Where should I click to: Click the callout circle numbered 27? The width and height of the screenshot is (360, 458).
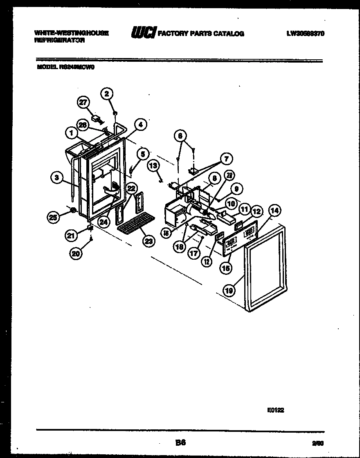point(83,103)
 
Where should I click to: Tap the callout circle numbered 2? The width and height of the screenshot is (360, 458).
point(107,94)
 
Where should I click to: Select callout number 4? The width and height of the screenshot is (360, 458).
point(140,125)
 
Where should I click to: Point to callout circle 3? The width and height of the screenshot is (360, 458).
point(57,177)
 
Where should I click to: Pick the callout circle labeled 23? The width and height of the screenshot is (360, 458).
point(148,241)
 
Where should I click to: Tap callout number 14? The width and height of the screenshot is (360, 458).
point(274,211)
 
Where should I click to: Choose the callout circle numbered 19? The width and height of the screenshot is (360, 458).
point(230,291)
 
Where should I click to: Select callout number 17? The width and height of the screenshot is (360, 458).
point(194,254)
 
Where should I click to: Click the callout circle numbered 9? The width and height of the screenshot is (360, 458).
point(236,189)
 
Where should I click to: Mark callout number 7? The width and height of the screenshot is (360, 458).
point(226,158)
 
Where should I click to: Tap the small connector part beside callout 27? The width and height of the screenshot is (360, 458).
point(97,119)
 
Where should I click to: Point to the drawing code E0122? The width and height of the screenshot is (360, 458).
point(275,411)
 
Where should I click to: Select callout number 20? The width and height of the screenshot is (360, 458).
point(76,254)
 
